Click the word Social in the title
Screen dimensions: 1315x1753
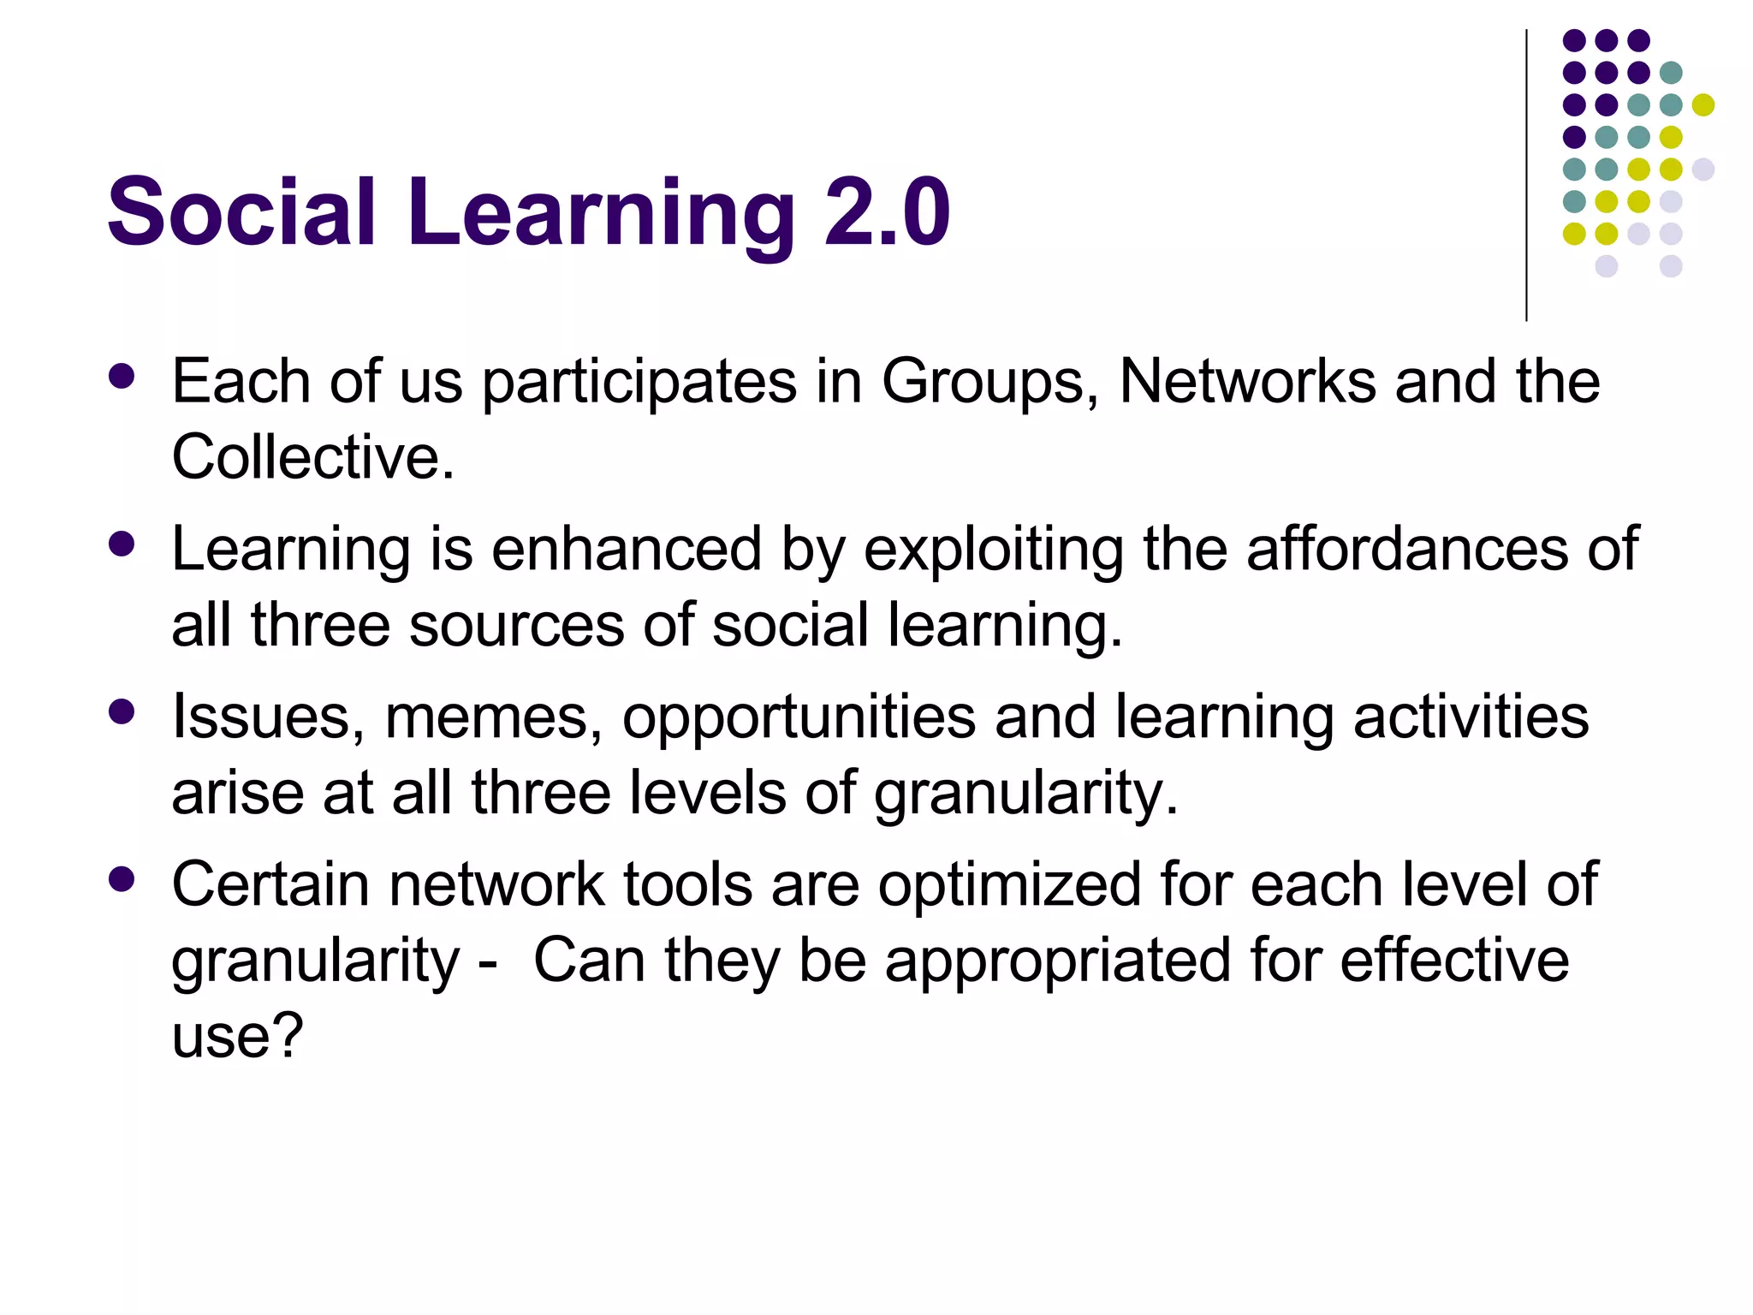(241, 211)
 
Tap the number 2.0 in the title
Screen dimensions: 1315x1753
(887, 211)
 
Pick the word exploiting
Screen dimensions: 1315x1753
(993, 550)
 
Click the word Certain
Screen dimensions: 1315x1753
(270, 884)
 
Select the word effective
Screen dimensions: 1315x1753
(1454, 961)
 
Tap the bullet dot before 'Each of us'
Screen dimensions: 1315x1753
(122, 378)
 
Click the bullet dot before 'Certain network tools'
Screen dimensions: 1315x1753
(122, 880)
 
